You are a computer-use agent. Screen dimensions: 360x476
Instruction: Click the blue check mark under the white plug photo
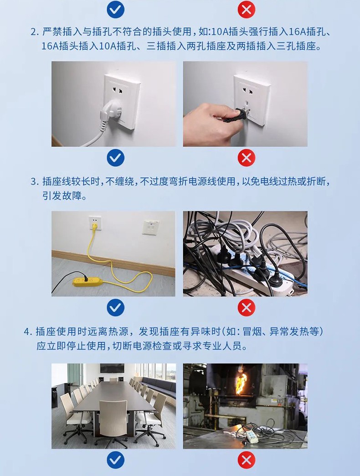tap(116, 158)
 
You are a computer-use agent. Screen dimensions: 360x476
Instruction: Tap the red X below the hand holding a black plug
tap(246, 158)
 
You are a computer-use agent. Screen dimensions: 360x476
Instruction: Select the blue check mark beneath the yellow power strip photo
tap(116, 307)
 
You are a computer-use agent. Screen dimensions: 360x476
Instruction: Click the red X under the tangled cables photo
tap(246, 307)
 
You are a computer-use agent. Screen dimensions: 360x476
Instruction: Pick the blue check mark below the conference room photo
tap(116, 460)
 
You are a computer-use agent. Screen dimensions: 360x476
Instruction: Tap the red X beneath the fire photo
tap(246, 460)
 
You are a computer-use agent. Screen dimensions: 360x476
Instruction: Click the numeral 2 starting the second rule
tap(33, 31)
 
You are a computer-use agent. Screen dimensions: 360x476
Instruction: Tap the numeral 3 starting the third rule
tap(33, 181)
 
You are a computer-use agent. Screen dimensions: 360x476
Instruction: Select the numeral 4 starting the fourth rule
tap(27, 331)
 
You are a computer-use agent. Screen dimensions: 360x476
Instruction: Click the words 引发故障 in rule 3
tap(62, 196)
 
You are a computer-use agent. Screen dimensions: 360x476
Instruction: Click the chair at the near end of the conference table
tap(113, 421)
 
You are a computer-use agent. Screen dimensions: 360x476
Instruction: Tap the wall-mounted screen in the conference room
tap(112, 368)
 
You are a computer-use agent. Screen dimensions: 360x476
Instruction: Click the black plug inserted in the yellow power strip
tap(86, 279)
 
